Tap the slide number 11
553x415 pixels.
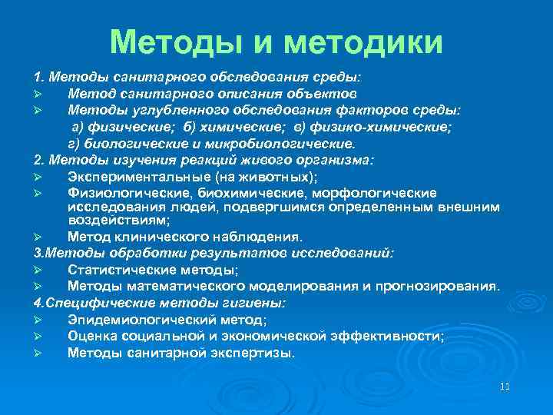click(505, 386)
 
